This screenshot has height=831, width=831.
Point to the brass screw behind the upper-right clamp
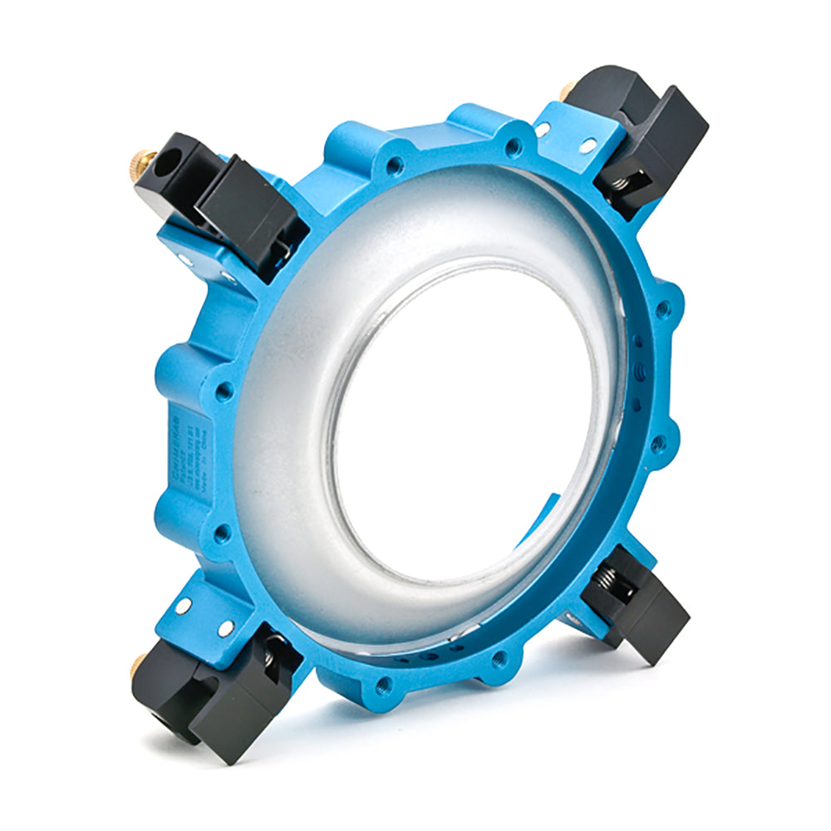(x=568, y=89)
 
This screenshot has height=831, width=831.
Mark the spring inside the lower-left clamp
(x=268, y=656)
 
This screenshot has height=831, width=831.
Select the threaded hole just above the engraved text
(x=223, y=388)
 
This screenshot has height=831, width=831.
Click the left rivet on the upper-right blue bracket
(x=543, y=130)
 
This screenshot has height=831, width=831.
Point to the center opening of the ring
(x=465, y=415)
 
